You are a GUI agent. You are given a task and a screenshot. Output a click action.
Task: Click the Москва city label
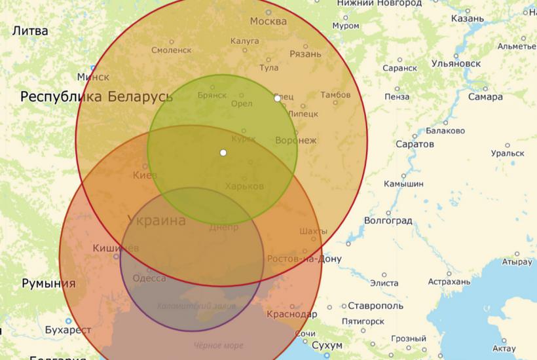(x=268, y=21)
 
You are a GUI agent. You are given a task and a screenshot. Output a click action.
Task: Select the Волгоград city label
(x=389, y=221)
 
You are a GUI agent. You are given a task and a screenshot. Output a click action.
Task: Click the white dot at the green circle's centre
(x=223, y=153)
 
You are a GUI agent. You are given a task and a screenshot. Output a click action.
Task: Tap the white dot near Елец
(x=277, y=98)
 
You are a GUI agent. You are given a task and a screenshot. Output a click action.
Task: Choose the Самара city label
(x=485, y=97)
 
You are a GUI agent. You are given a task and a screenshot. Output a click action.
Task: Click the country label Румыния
(x=48, y=284)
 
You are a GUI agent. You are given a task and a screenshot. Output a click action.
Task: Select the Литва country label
(x=30, y=31)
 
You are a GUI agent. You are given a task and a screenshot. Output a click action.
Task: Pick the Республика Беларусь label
(x=97, y=98)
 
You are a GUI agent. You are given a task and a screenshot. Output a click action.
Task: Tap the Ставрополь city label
(x=375, y=306)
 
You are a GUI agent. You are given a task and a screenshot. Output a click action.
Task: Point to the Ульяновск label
(x=456, y=63)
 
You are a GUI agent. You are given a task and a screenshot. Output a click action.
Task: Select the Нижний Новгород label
(x=379, y=4)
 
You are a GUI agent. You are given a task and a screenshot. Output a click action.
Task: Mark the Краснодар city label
(x=291, y=314)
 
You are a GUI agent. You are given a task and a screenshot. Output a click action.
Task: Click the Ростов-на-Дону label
(x=304, y=259)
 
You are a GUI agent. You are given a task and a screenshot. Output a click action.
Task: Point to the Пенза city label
(x=397, y=97)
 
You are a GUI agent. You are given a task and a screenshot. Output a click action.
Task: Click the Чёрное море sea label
(x=218, y=346)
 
